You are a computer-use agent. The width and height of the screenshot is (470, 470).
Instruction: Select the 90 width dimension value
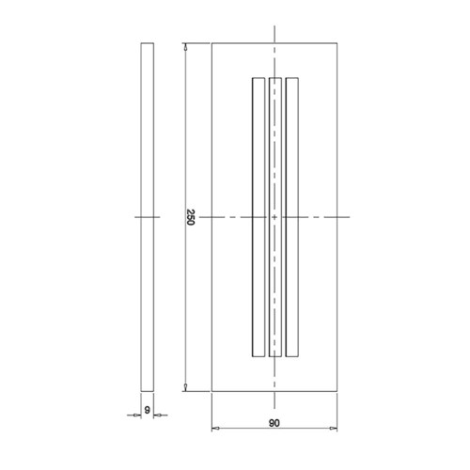pos(273,423)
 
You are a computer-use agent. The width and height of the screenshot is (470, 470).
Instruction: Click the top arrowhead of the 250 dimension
pos(184,46)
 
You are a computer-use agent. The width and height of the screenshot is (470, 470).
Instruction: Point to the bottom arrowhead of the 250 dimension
pos(184,387)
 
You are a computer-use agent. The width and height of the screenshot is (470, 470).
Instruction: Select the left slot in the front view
pos(258,217)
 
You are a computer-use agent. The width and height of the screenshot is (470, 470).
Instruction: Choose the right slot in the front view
pos(291,217)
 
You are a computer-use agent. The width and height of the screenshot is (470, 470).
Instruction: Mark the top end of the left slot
pos(258,79)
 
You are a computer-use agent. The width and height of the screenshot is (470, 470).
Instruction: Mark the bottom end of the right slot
pos(291,356)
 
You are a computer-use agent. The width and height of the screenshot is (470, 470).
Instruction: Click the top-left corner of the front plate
pos(211,43)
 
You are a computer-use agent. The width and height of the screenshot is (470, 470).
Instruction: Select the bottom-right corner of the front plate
pos(334,390)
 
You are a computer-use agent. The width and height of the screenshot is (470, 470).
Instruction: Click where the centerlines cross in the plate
pos(274,217)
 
